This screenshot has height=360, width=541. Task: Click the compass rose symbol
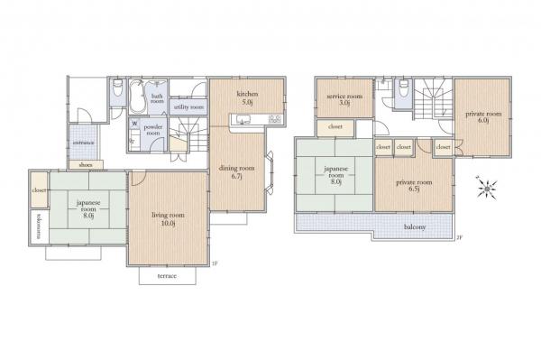point(489,189)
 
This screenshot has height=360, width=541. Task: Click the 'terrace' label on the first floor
point(168,275)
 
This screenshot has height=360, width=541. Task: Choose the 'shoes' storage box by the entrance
point(86,165)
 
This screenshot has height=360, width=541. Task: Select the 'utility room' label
point(188,106)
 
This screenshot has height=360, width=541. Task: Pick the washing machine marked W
point(134,125)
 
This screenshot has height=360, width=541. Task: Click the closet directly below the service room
point(335,127)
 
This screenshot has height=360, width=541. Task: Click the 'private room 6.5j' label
point(413,185)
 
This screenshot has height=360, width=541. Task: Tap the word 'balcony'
point(415,226)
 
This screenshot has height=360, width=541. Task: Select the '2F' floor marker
point(458,238)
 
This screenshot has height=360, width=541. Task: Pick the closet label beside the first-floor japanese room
point(39,191)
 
